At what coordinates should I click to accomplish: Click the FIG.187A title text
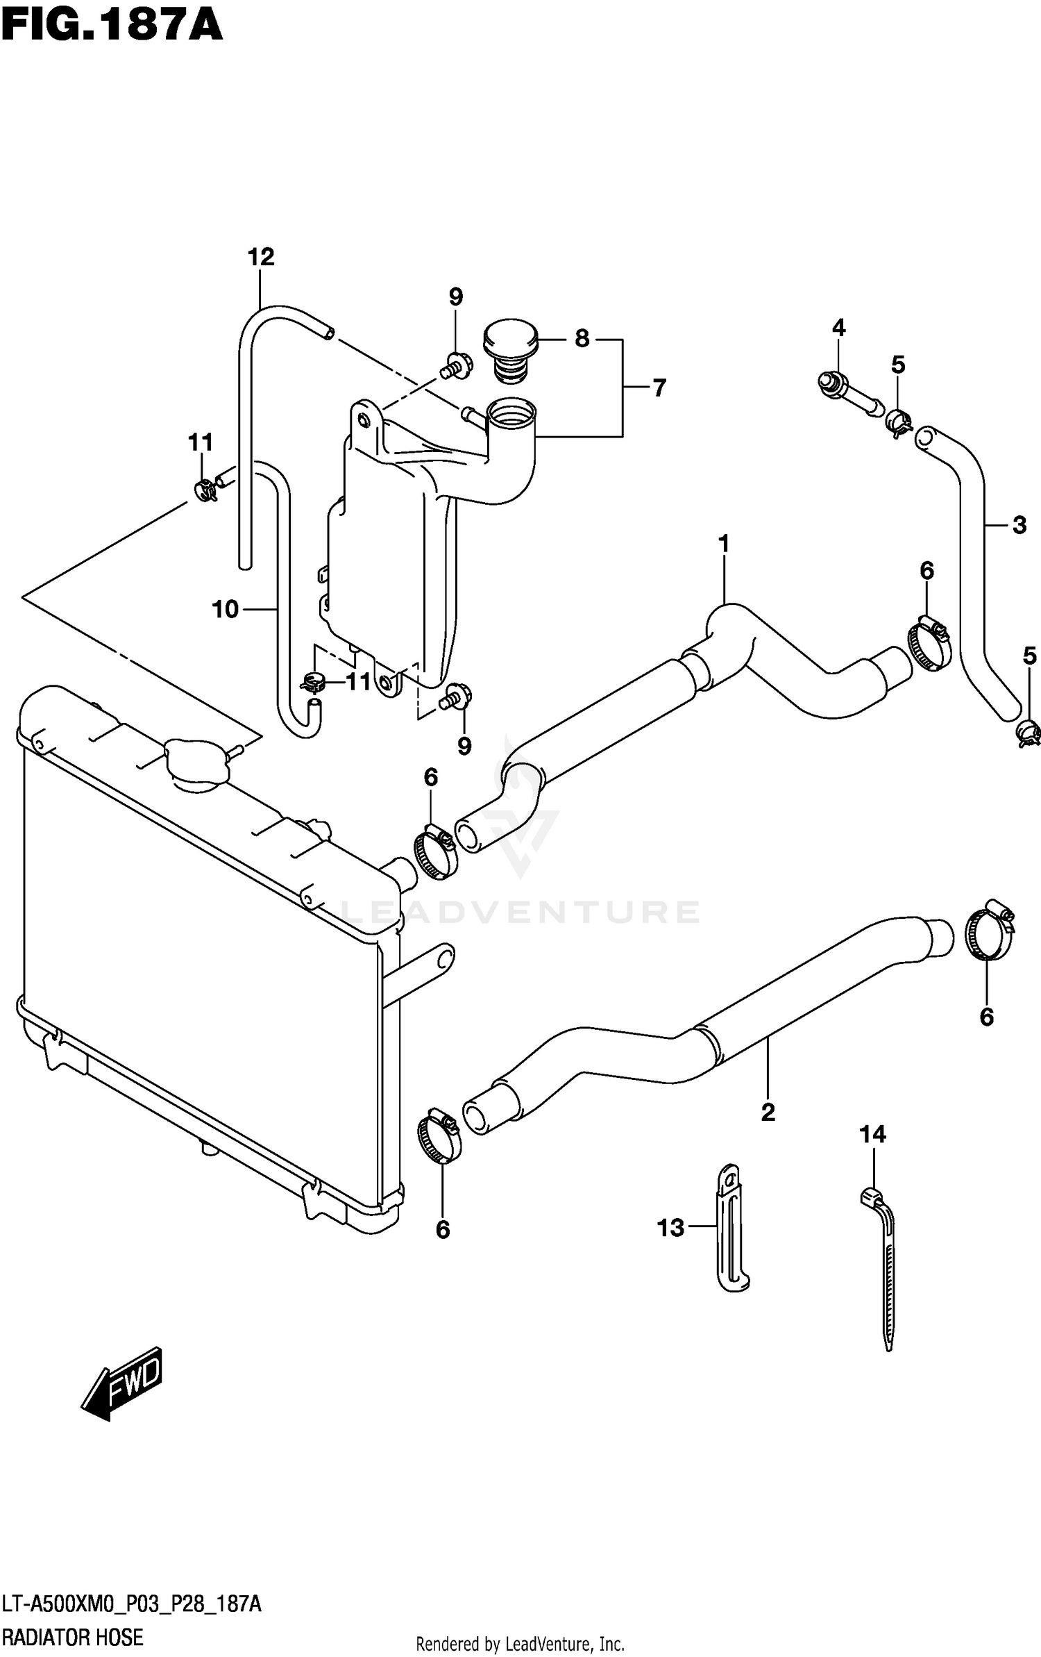click(x=111, y=26)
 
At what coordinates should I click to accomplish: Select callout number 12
click(x=261, y=258)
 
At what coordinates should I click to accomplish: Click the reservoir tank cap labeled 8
click(x=511, y=347)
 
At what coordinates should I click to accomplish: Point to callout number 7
click(x=659, y=388)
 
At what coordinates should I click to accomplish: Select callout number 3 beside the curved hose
click(x=1019, y=526)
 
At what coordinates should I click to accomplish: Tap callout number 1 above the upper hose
click(x=723, y=544)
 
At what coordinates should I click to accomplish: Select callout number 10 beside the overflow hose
click(x=225, y=609)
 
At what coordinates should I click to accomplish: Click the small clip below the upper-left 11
click(x=205, y=490)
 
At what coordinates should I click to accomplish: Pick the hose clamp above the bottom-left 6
click(x=439, y=1135)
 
